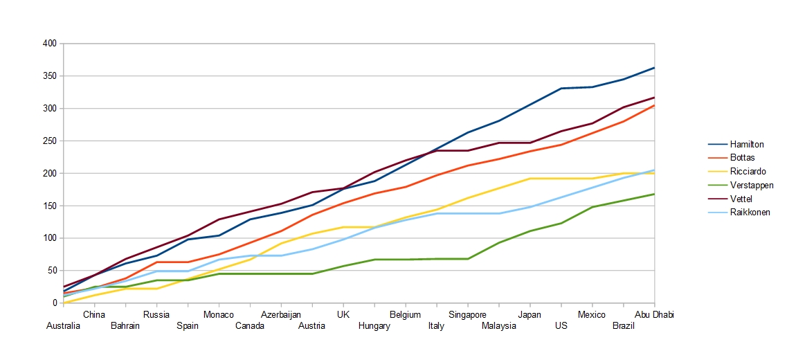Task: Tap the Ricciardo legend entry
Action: coord(748,172)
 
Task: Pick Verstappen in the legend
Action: coord(751,186)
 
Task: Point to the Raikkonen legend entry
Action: coord(750,213)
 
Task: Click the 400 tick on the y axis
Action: coord(50,44)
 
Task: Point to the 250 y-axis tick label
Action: coord(50,141)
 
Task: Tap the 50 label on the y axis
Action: coord(52,271)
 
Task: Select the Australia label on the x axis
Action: coord(64,326)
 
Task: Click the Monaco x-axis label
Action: coord(218,315)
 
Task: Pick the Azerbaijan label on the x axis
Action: coord(281,315)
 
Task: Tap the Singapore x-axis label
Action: coord(467,315)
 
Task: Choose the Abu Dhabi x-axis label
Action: coord(654,315)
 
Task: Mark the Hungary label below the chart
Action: coord(374,326)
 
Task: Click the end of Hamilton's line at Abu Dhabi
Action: coord(654,68)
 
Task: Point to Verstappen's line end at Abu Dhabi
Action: coord(654,194)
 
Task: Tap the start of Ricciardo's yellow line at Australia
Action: coord(64,303)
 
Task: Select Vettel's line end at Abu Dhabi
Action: coord(654,98)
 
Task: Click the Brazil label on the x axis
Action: coord(624,326)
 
